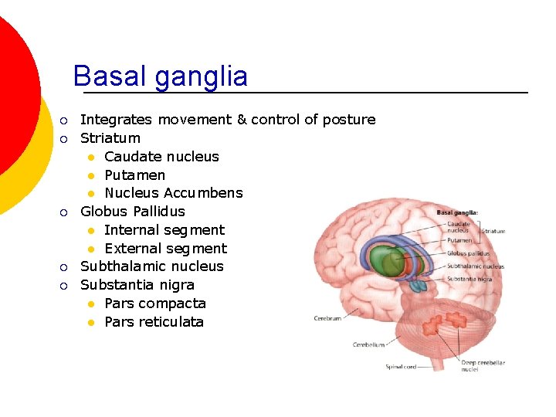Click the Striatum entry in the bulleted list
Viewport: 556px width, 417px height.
point(110,138)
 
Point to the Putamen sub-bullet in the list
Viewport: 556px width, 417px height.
point(134,175)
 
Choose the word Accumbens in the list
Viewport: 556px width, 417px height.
point(203,193)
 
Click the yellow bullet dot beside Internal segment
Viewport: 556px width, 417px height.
point(90,230)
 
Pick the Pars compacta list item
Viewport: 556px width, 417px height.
point(154,303)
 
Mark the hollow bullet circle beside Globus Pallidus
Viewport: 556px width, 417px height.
point(66,212)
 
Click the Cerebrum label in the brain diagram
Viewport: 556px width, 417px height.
point(327,318)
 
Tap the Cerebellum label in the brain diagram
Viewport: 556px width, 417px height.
point(368,344)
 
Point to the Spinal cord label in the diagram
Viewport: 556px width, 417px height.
point(402,367)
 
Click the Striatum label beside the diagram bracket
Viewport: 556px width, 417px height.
point(493,230)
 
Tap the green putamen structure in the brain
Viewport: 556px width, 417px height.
point(380,259)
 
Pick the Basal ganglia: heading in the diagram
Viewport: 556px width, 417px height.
point(457,212)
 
